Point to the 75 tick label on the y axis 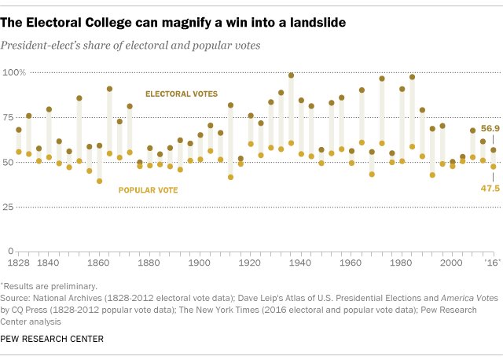pos(18,116)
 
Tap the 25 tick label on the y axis pos(18,207)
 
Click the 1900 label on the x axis pos(200,263)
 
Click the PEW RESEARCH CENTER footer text pos(53,338)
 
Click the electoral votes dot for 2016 pos(494,149)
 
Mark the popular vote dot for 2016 pos(494,167)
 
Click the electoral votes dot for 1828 pos(19,129)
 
